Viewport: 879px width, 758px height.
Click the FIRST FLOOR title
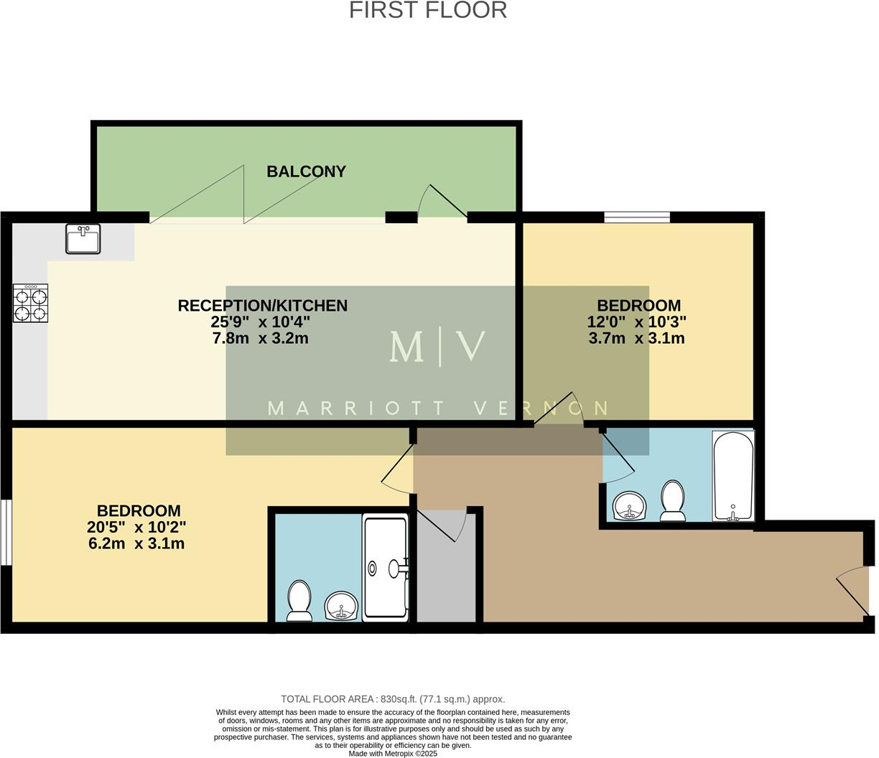click(x=428, y=10)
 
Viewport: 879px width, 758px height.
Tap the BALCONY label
click(x=306, y=172)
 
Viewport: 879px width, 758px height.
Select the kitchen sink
click(x=83, y=238)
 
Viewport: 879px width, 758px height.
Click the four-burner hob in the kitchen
click(x=31, y=303)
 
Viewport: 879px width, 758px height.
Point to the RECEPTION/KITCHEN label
click(x=262, y=306)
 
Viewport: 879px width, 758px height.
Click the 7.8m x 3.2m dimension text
click(x=260, y=338)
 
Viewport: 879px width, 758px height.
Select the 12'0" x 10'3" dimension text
click(x=636, y=322)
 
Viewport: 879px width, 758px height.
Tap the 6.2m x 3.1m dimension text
click(x=136, y=543)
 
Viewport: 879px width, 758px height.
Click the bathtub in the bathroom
click(x=732, y=475)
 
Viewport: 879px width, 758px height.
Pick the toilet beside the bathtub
click(x=673, y=500)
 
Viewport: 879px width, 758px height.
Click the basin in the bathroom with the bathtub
click(x=631, y=506)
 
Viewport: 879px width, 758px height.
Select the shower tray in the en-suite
click(x=386, y=567)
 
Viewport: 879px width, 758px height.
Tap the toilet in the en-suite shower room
click(x=299, y=600)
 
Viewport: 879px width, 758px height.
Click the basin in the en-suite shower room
click(x=341, y=606)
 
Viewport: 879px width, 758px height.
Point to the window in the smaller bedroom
click(x=636, y=217)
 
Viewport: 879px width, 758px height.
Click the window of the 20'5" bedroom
click(x=6, y=532)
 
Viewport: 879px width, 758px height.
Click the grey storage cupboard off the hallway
click(x=447, y=574)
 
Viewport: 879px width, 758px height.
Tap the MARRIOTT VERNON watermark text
click(x=437, y=408)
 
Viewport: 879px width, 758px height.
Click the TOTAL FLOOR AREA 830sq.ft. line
click(x=393, y=698)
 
